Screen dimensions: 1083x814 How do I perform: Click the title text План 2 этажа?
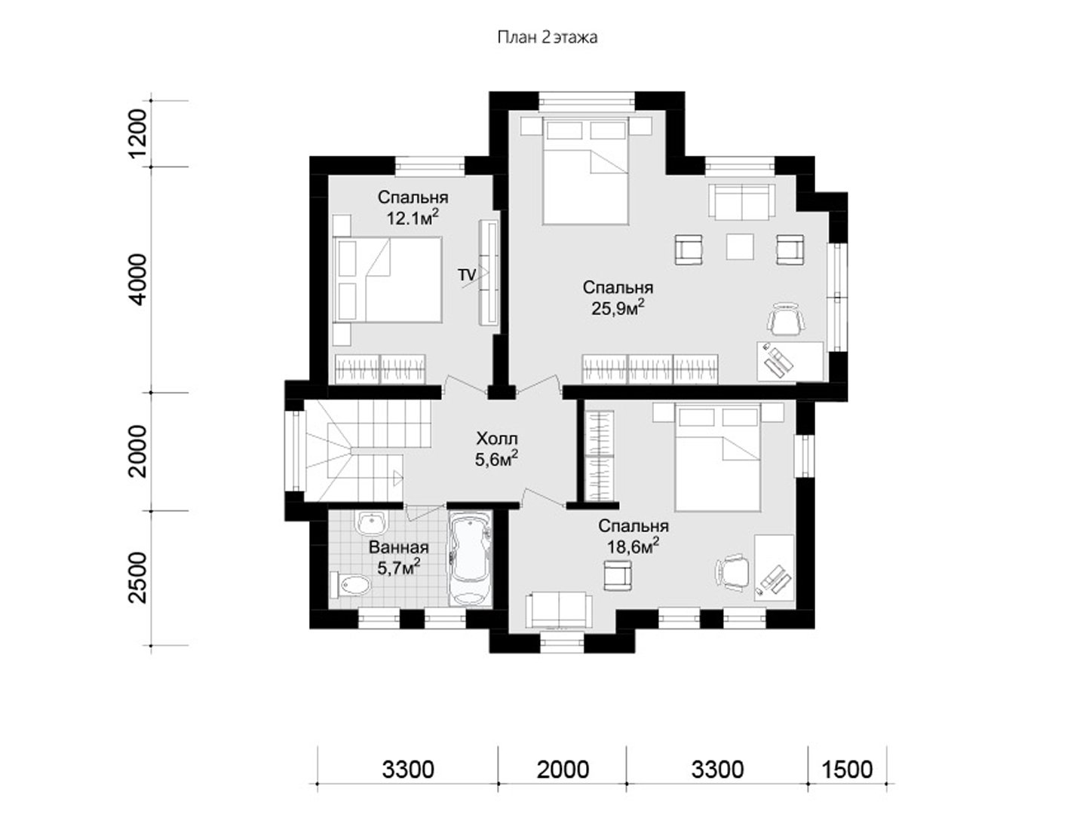tap(548, 38)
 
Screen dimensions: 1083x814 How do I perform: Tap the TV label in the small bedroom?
tap(466, 274)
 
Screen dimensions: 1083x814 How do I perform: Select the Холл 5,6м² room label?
tap(496, 449)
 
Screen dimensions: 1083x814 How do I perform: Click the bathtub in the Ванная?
tap(470, 558)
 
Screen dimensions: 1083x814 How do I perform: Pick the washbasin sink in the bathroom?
tap(370, 522)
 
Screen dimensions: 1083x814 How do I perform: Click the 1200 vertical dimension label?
tap(138, 133)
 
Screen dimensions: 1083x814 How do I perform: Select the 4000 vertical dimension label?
tap(138, 280)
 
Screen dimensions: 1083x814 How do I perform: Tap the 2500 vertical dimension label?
tap(138, 577)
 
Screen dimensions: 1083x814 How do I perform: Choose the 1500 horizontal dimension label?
tap(847, 770)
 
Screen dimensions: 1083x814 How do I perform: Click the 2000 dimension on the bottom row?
tap(563, 770)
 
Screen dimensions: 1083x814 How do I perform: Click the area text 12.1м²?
tap(413, 217)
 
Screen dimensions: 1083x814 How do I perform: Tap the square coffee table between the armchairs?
tap(740, 246)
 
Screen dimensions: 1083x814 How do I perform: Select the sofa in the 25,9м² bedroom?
tap(741, 200)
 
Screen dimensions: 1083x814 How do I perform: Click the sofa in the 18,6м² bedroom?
tap(560, 610)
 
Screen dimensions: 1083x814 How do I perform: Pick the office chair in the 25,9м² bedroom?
tap(787, 320)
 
